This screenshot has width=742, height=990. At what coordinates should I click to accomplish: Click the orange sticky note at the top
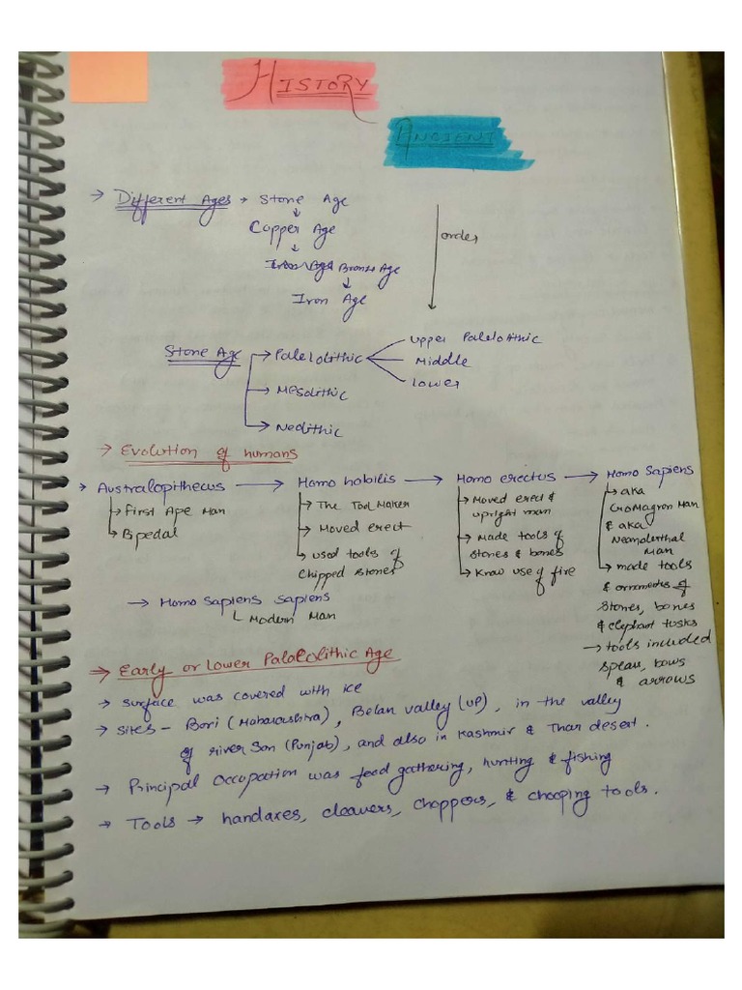(x=109, y=77)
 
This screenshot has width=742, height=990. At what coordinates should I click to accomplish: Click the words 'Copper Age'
(x=293, y=230)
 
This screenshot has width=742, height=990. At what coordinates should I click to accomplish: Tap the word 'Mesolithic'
(x=311, y=393)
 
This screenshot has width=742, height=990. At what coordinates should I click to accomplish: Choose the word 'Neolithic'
(x=308, y=428)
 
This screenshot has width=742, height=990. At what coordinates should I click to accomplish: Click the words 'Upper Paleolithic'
(x=474, y=339)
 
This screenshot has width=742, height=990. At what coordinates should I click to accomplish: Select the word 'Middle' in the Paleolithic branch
(x=442, y=362)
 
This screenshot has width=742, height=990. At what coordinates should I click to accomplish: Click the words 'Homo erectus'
(x=505, y=478)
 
